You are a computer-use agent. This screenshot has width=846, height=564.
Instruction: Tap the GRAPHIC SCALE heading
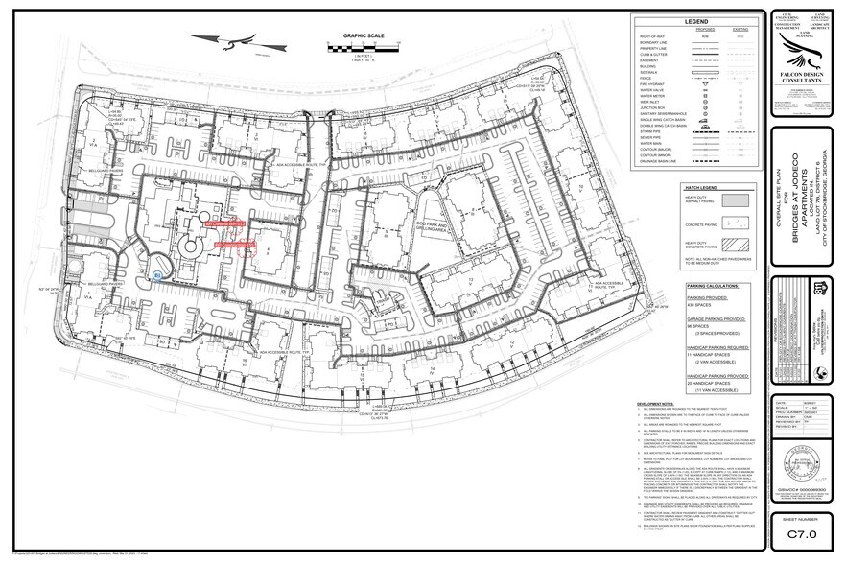(x=350, y=35)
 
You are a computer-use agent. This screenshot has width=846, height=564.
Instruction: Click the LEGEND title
(x=695, y=21)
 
